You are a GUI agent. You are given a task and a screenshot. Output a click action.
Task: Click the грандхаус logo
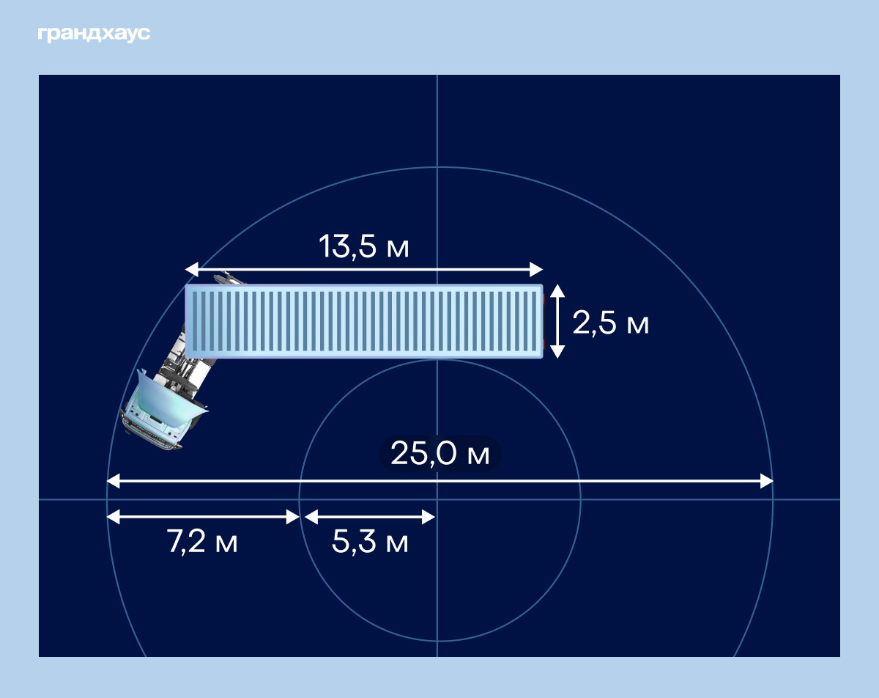[94, 34]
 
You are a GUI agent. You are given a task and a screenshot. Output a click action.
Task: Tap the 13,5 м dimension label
[363, 247]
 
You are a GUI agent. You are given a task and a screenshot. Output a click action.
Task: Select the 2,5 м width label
[610, 323]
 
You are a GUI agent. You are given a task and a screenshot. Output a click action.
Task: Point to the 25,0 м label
[440, 453]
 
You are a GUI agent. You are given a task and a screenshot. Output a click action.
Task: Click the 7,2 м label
[201, 541]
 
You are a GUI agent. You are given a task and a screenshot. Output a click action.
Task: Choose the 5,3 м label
[370, 542]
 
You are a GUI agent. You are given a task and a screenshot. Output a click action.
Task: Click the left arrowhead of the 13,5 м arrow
[192, 270]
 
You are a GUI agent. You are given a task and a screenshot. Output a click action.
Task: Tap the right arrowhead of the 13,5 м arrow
[536, 270]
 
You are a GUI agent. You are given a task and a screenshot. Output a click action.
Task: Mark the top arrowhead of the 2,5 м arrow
[557, 291]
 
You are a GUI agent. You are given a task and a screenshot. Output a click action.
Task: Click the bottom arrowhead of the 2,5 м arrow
[557, 352]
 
